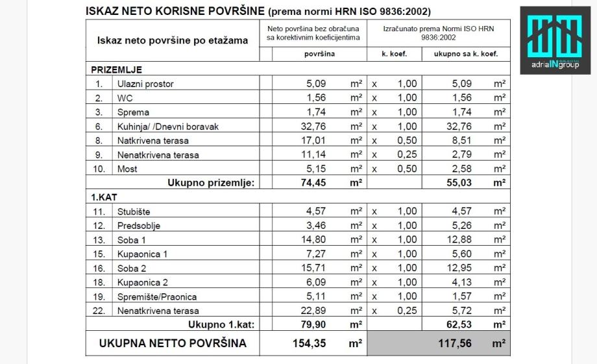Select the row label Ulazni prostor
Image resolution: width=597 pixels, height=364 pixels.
click(x=145, y=84)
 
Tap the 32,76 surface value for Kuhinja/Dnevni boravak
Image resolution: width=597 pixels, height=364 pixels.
click(x=319, y=127)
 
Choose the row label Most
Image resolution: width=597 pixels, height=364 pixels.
click(x=127, y=169)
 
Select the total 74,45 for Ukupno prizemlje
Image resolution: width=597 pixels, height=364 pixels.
click(x=319, y=183)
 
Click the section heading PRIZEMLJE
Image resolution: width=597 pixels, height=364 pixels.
click(x=117, y=70)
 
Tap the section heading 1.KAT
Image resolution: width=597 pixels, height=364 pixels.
click(x=104, y=197)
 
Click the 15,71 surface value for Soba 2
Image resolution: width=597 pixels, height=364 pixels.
click(x=319, y=268)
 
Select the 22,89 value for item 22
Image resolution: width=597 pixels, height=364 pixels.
click(x=319, y=311)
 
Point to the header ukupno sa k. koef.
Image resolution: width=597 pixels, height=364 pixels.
click(x=465, y=55)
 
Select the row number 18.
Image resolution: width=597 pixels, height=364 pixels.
click(x=99, y=282)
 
